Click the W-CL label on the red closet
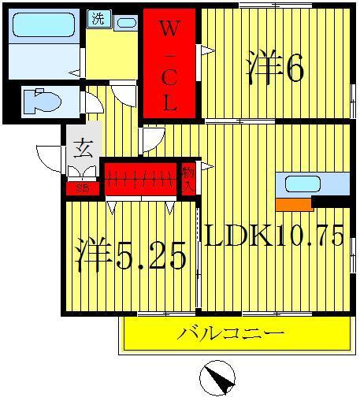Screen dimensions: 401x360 point(169,66)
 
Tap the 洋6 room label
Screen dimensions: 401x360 point(275,69)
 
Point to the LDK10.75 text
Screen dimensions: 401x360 point(275,234)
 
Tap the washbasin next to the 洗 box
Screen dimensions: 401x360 point(126,22)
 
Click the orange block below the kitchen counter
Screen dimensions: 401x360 point(294,204)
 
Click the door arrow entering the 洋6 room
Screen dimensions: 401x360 point(207,50)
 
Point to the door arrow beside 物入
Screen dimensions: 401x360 point(206,167)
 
